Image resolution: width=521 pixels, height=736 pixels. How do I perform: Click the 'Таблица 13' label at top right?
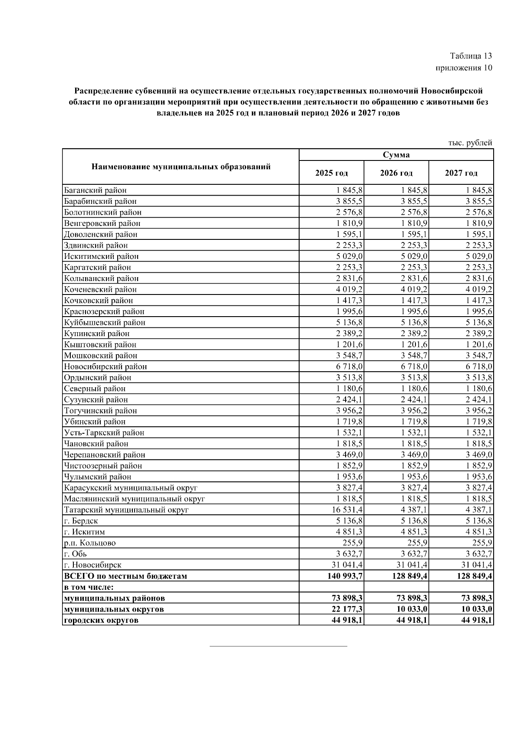(x=471, y=56)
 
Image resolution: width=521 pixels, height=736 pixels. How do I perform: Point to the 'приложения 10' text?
(x=464, y=68)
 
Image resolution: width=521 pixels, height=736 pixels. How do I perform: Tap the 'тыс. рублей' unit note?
(x=470, y=143)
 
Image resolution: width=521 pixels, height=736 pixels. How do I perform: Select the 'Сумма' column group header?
(x=396, y=155)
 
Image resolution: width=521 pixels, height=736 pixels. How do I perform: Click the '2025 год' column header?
(x=331, y=173)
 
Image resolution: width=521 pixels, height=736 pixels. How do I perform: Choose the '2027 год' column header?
(x=461, y=173)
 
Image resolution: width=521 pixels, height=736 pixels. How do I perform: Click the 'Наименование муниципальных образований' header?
(x=181, y=167)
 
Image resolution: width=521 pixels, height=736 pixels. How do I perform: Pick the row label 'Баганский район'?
(x=95, y=190)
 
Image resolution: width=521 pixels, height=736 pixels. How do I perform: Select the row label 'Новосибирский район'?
(x=105, y=366)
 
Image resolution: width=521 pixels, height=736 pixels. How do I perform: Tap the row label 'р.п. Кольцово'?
(x=89, y=543)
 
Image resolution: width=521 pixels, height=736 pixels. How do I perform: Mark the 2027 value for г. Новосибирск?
(x=477, y=565)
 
